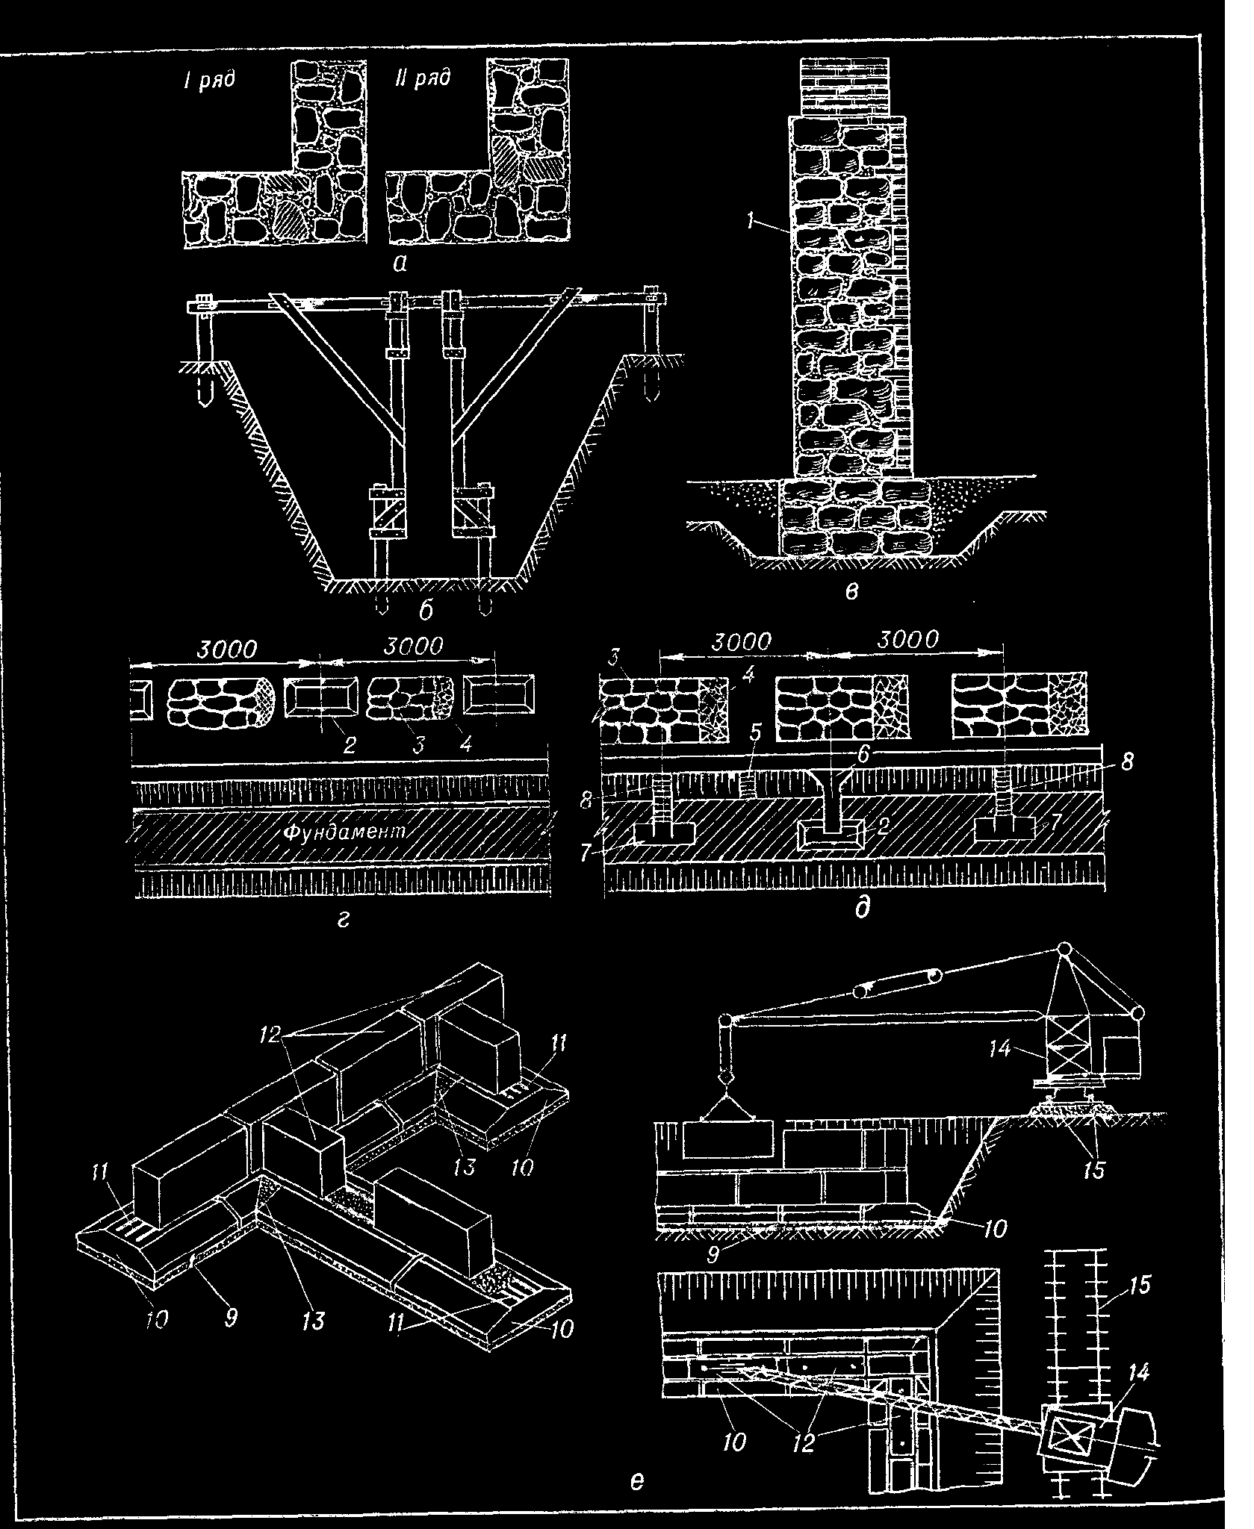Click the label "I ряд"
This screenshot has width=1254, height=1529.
click(210, 79)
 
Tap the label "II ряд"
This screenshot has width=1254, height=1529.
click(422, 78)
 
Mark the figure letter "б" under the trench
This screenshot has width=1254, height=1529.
click(426, 611)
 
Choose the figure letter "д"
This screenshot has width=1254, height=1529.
click(862, 909)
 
